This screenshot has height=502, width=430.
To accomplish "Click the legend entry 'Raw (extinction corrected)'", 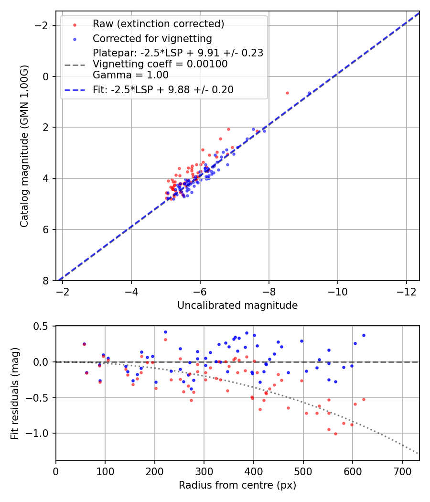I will pos(158,24).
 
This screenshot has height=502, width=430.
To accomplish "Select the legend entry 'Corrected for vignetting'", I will pos(152,38).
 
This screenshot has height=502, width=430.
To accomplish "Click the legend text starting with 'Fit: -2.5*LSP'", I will pos(163,90).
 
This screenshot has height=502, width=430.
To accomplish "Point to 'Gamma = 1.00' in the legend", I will pos(130,75).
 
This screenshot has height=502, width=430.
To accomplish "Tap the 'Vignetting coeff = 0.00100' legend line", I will pos(160,64).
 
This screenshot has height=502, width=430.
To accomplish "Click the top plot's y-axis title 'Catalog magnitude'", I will pos(24,146).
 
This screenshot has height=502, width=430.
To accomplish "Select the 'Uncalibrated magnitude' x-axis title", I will pos(237,306).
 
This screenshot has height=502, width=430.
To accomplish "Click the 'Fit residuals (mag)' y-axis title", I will pos(15,393).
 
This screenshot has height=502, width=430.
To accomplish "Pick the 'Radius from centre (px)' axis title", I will pos(237,485).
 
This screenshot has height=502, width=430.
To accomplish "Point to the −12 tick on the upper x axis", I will pos(406,292).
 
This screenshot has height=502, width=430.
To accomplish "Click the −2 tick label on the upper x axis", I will pos(63,292).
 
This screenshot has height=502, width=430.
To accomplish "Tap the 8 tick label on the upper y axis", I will pos(46,281).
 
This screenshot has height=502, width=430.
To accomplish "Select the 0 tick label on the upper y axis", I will pos(46,76).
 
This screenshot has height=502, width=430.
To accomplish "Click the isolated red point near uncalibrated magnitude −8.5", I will pos(287,93).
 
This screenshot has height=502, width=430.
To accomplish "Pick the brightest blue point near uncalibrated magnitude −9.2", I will pos(309,93).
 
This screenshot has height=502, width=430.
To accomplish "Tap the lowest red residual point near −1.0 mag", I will pos(335,434).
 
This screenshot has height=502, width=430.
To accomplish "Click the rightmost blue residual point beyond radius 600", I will pos(364,335).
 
